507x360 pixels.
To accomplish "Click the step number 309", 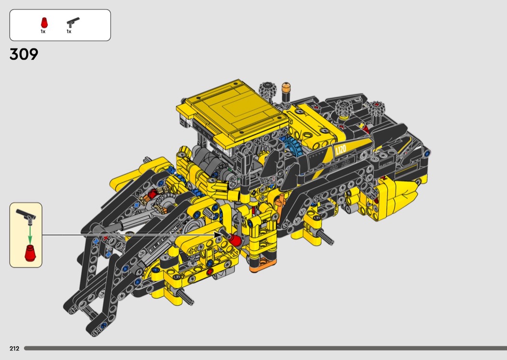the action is click(24, 55).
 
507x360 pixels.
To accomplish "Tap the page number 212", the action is click(14, 348).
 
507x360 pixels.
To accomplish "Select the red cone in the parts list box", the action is click(44, 23).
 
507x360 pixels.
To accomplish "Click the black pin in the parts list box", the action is click(73, 22).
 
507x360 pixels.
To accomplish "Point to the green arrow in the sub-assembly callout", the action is click(30, 235).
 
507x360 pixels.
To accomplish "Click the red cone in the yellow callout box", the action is click(30, 253).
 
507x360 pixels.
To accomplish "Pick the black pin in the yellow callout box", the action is click(26, 216).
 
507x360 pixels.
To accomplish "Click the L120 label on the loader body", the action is click(341, 150).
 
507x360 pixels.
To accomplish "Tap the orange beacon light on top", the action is click(286, 92).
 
